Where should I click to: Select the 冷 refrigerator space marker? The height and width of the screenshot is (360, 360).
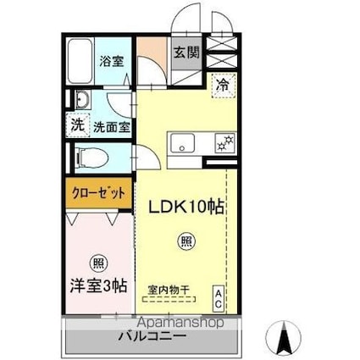[221, 86]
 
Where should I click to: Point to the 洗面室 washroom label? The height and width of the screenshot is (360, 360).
[111, 127]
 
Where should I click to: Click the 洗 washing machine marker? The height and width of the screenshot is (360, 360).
[77, 125]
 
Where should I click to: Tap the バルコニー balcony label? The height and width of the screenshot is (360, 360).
[152, 335]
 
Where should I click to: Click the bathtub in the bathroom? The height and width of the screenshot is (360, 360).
[80, 61]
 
